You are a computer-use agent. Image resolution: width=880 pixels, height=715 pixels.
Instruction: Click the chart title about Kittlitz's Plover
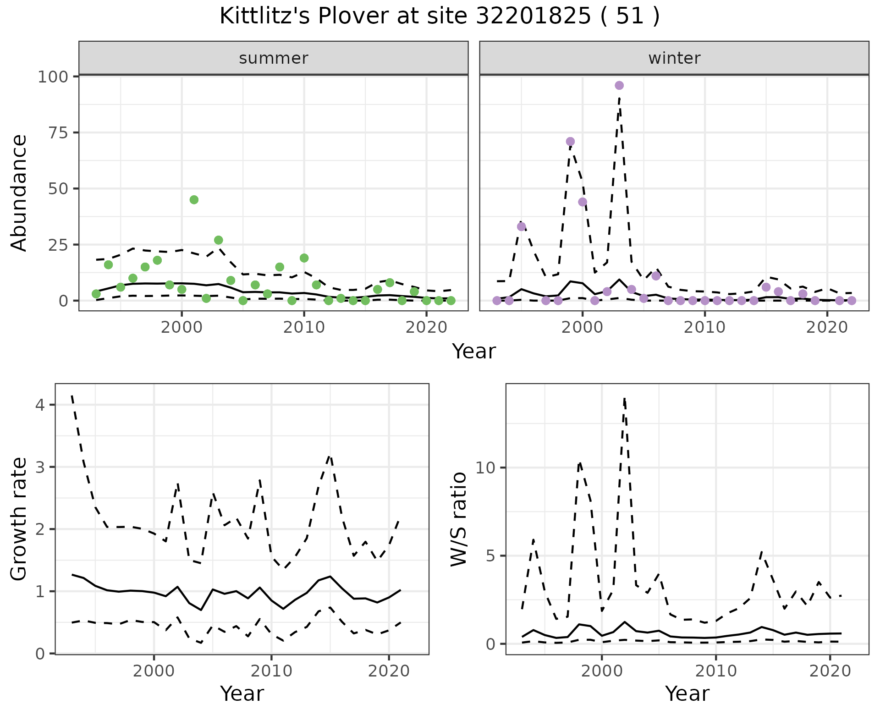(x=440, y=16)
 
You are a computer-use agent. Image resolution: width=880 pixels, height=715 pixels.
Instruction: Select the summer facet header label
(x=274, y=58)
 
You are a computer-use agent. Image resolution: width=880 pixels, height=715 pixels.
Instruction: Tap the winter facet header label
(x=674, y=58)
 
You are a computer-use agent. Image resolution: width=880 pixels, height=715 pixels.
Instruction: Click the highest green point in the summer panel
(x=194, y=200)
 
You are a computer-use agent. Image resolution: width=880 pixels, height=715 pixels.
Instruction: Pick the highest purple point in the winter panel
(x=619, y=86)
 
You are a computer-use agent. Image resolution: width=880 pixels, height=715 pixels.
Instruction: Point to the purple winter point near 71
(x=570, y=142)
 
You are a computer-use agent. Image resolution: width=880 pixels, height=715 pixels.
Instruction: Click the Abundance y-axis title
(x=19, y=193)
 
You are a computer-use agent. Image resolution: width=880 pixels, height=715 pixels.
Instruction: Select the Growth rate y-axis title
(x=19, y=519)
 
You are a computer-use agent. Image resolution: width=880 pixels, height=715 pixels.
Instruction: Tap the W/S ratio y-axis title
(x=458, y=519)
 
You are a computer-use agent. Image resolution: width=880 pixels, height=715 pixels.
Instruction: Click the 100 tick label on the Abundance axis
(x=52, y=77)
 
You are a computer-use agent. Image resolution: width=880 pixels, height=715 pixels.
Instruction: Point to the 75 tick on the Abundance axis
(x=58, y=133)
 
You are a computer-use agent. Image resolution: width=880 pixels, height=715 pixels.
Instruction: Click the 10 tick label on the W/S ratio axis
(x=485, y=468)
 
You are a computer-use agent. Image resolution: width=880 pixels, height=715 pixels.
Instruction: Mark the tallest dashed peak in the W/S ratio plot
(x=624, y=399)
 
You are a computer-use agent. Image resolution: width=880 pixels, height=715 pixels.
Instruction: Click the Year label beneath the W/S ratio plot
(x=687, y=693)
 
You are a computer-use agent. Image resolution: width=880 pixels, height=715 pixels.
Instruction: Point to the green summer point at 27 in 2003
(x=219, y=240)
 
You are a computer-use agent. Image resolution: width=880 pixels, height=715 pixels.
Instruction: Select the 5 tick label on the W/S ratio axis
(x=491, y=556)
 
